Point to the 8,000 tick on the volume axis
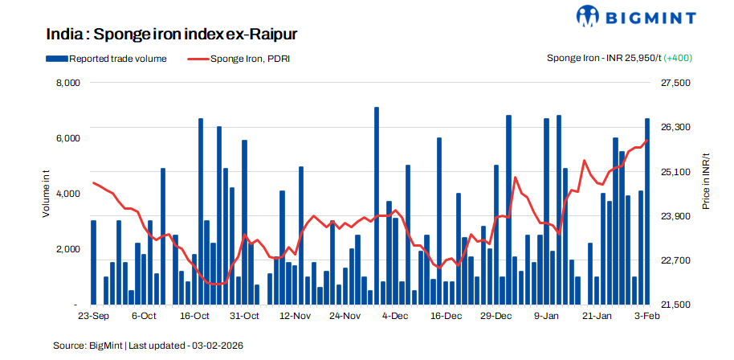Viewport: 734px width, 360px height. coord(67,83)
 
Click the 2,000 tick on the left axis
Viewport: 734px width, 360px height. coord(67,249)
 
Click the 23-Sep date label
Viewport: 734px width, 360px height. coord(94,317)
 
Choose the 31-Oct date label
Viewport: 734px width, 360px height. coord(245,317)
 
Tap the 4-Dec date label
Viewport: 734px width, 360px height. coord(396,317)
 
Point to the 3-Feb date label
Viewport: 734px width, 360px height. coord(647,317)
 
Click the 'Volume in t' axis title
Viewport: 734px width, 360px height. coord(47,194)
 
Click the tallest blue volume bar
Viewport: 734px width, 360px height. coord(377,207)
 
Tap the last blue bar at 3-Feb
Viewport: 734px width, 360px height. coord(647,212)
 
